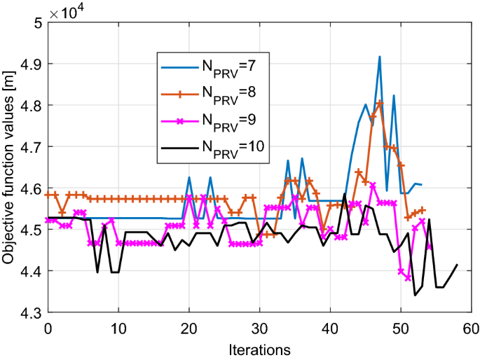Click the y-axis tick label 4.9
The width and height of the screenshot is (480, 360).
point(31,64)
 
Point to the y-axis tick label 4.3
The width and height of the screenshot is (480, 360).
point(31,312)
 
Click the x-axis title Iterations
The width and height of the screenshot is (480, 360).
point(259,347)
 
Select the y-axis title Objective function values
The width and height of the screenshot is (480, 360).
point(11,167)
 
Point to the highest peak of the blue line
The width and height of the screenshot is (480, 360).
point(379,57)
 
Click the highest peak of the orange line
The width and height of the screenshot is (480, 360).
point(380,103)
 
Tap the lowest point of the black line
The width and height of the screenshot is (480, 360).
point(415,295)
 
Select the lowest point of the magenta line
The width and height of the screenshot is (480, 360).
point(408,278)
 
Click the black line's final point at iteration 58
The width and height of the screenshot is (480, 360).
point(457,265)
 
